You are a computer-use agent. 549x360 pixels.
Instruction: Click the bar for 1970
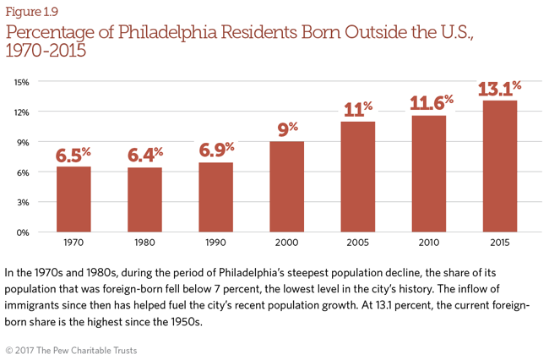point(73,199)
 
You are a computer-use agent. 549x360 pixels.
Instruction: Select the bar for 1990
point(215,197)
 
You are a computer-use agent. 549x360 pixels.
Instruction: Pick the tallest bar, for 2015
point(499,166)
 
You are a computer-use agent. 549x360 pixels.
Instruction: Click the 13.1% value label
point(499,89)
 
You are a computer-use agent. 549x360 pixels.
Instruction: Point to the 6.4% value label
point(144,155)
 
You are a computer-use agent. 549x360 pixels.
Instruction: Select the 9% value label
point(286,130)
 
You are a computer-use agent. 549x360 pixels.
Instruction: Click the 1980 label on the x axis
point(144,242)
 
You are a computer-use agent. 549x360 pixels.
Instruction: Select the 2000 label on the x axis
point(286,242)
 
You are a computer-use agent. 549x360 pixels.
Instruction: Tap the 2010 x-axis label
point(428,242)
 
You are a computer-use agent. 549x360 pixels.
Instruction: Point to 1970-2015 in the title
point(46,52)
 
